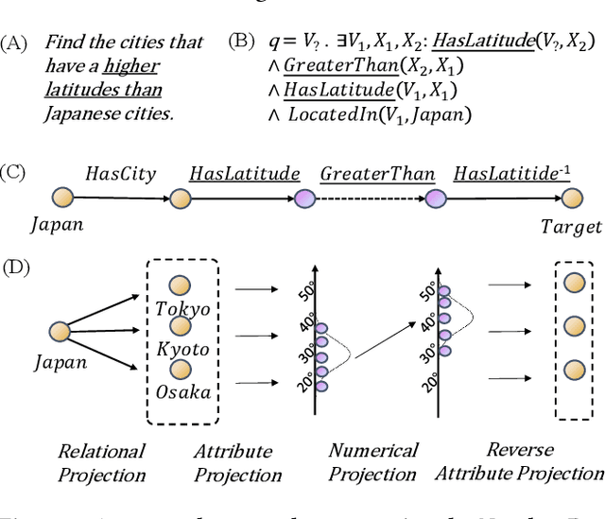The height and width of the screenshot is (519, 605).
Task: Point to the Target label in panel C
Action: (570, 227)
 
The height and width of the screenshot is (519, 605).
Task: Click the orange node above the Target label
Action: (570, 198)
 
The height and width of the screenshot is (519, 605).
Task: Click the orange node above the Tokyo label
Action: (181, 284)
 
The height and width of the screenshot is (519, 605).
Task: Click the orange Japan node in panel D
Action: (59, 331)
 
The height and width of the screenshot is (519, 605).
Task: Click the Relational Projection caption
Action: (101, 462)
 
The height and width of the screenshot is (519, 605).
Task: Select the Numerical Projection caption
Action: (373, 462)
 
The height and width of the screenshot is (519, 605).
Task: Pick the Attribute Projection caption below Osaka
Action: (237, 462)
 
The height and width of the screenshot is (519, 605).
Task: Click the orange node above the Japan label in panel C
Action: (63, 198)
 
